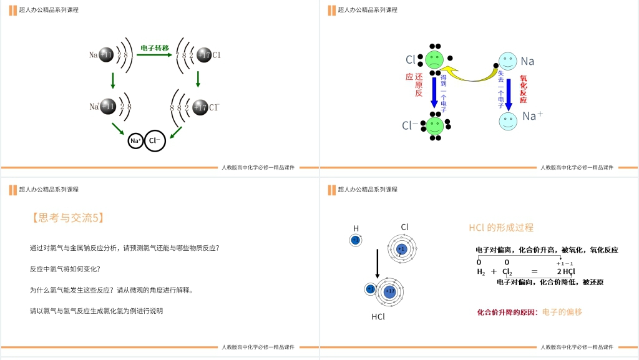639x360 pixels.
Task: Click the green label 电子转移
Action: click(155, 47)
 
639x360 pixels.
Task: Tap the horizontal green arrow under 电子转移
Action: click(154, 55)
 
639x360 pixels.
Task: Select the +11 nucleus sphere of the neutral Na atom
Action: click(107, 55)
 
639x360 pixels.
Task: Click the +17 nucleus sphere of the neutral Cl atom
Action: click(204, 55)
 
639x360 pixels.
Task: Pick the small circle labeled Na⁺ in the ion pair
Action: click(135, 141)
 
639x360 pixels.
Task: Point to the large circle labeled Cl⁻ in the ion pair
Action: click(155, 141)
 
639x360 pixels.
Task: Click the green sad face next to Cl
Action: click(434, 60)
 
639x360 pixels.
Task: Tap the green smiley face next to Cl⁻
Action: click(434, 125)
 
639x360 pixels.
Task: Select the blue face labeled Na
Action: click(508, 61)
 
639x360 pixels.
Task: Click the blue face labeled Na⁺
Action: click(508, 121)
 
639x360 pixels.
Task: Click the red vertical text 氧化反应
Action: click(523, 90)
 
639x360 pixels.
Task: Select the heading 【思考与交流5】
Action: click(67, 218)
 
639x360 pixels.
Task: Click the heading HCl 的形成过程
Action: click(501, 228)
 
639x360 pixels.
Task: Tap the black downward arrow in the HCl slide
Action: click(377, 263)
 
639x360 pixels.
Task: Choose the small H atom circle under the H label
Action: click(356, 240)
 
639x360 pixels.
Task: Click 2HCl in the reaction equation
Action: click(566, 271)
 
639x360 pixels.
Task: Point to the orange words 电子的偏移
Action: click(562, 312)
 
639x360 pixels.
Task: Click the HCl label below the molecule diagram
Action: click(378, 316)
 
